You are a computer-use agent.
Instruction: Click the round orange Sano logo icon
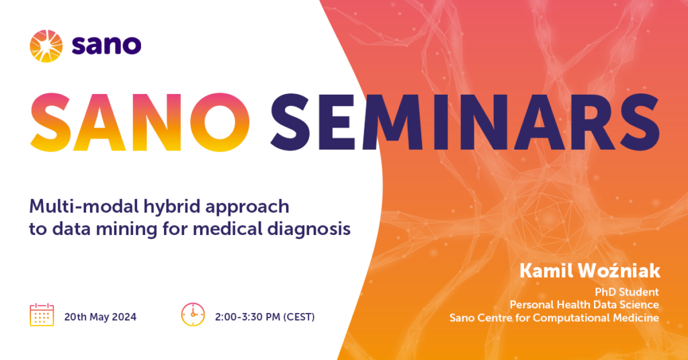[46, 46]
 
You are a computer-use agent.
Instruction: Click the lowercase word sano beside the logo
[106, 45]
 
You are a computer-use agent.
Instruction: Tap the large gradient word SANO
[140, 122]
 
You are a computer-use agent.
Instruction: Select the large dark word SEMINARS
[465, 122]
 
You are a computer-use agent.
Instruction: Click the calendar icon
[42, 314]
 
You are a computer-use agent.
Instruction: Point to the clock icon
[193, 314]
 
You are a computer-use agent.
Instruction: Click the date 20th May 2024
[101, 317]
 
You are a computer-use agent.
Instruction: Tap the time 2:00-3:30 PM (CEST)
[265, 317]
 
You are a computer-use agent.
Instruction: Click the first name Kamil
[546, 271]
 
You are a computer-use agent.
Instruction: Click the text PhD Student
[627, 292]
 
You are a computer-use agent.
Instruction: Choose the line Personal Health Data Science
[585, 305]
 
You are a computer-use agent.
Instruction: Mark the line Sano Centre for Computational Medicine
[554, 318]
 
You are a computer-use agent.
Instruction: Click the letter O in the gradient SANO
[220, 122]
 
